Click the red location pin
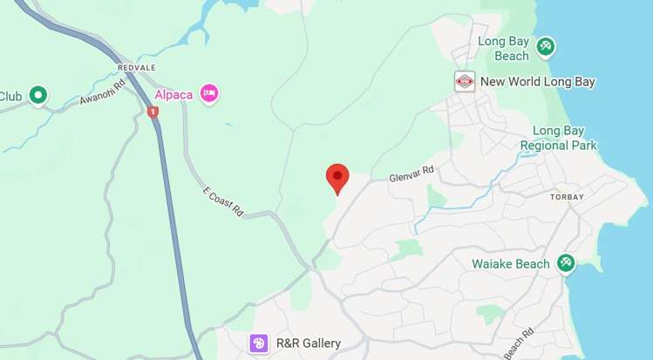click(x=337, y=177)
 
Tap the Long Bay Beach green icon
click(x=546, y=45)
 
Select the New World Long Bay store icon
click(x=465, y=82)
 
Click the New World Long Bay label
click(x=538, y=82)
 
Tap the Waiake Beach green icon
click(x=566, y=262)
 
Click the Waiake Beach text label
click(x=511, y=263)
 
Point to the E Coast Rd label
click(x=222, y=202)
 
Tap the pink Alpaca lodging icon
click(x=208, y=93)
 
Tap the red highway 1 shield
click(x=153, y=112)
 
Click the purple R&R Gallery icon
click(x=259, y=343)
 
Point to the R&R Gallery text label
click(x=308, y=343)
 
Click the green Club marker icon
click(x=37, y=95)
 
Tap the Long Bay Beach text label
click(x=503, y=49)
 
